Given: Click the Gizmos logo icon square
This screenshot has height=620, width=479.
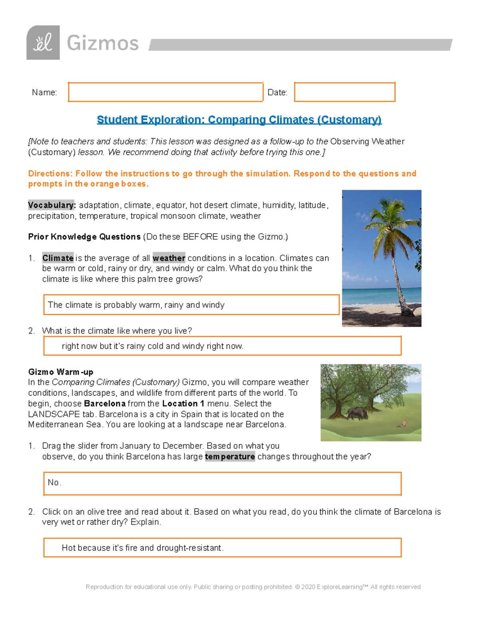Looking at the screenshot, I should tap(43, 43).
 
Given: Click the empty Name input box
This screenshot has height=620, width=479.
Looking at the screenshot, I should tap(165, 92).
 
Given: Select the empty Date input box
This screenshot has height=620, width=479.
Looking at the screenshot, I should tap(344, 92).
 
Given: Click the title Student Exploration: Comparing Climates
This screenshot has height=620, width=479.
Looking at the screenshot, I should tap(239, 120).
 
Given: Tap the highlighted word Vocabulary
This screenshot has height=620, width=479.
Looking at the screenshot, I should tap(51, 205).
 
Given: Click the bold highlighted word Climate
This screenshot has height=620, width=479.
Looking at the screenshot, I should tap(58, 258).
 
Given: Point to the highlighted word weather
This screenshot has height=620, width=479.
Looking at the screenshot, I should tap(169, 258).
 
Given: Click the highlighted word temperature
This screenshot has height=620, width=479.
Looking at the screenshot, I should tap(230, 456).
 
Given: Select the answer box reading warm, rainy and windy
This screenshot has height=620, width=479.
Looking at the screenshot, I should tap(191, 305).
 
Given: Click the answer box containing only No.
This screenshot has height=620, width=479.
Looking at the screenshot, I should tap(222, 483).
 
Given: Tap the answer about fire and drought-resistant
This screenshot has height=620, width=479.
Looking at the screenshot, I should tap(222, 548).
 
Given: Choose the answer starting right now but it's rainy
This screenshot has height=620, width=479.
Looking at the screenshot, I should tap(222, 346).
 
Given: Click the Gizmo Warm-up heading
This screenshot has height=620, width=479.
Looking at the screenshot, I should tap(61, 372).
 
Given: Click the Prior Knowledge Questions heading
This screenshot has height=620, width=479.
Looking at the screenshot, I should tap(84, 237).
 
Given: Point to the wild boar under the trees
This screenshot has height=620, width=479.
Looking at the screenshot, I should tap(358, 413).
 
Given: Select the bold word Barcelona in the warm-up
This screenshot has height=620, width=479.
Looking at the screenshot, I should tap(105, 404).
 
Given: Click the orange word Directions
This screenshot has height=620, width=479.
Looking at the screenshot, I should tap(50, 174).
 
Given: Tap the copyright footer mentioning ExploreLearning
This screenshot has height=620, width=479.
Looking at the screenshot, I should tap(253, 587).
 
